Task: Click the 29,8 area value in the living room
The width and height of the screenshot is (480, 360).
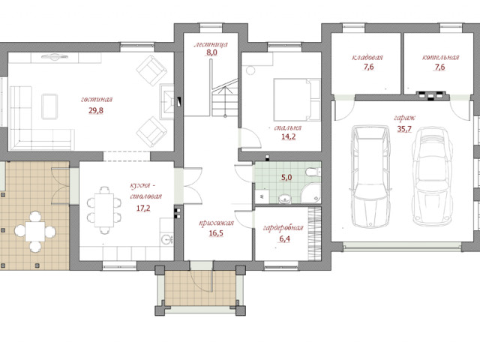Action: (x=96, y=110)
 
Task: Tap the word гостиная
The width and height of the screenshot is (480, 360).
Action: (x=97, y=100)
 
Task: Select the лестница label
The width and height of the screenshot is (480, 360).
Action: (x=211, y=44)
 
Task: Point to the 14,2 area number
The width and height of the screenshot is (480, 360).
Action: (x=288, y=136)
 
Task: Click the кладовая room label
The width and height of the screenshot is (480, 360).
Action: (x=367, y=57)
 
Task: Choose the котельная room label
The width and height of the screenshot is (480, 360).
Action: (x=440, y=57)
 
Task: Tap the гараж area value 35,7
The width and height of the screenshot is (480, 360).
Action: (x=404, y=129)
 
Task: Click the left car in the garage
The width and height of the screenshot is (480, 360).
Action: (x=371, y=176)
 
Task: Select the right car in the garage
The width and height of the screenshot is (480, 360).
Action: (x=432, y=176)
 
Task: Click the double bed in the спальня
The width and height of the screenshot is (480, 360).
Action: (x=297, y=100)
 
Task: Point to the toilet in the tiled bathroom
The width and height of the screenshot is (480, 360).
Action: (x=313, y=172)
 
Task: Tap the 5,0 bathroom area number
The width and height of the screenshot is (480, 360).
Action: (x=286, y=177)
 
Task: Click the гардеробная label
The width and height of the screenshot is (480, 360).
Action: (x=283, y=228)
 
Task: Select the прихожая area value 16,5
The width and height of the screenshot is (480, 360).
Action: (x=216, y=233)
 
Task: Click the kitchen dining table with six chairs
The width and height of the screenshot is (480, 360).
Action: (x=104, y=210)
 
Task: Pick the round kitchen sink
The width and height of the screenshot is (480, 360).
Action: (x=166, y=238)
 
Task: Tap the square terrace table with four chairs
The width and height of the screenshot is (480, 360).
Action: (x=35, y=231)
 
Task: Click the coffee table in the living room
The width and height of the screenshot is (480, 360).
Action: (x=49, y=106)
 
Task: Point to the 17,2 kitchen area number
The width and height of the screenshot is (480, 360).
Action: (x=143, y=208)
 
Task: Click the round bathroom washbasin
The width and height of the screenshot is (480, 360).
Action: (x=285, y=199)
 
